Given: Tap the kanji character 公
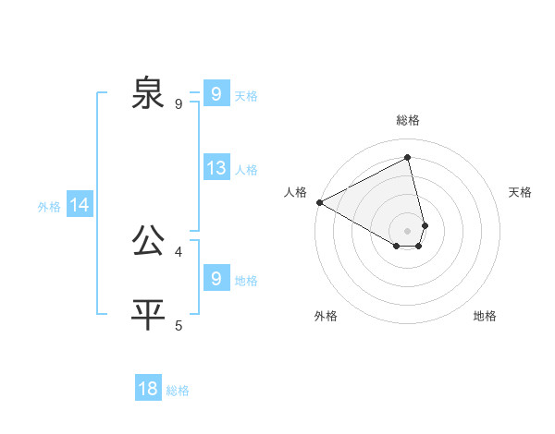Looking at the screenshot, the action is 148,241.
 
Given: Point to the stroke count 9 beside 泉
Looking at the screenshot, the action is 179,104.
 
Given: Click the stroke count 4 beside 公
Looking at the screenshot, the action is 179,251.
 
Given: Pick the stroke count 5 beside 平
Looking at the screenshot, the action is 179,325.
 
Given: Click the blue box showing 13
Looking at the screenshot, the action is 216,168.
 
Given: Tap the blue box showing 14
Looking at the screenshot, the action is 80,206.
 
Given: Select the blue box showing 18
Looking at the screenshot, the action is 148,389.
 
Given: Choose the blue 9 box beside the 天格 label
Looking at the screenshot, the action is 216,94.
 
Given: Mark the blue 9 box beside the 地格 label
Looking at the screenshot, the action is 216,279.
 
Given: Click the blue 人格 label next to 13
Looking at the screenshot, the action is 246,170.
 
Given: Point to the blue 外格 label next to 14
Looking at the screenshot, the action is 49,207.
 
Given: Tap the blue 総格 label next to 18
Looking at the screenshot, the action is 178,391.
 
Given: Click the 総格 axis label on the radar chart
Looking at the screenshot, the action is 408,120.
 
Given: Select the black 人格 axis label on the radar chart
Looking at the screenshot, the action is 296,192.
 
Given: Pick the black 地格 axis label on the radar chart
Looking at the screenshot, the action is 485,316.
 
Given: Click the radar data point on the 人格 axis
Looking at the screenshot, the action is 319,202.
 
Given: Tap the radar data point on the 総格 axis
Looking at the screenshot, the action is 408,157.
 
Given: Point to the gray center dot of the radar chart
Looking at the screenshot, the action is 408,231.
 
